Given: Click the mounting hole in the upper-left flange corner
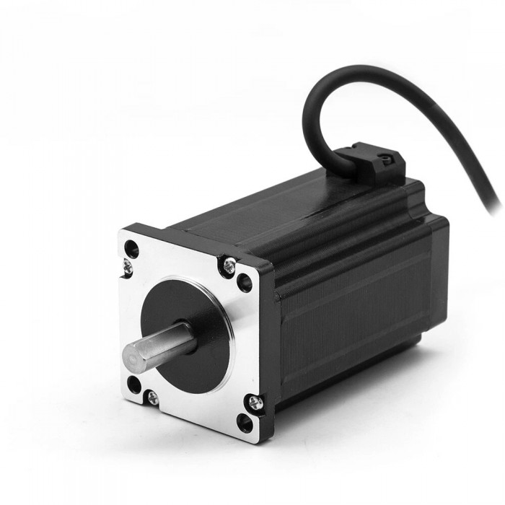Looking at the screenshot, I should click(x=131, y=250).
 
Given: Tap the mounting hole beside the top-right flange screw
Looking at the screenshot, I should click(x=245, y=282).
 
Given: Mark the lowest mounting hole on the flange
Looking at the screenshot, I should click(x=245, y=423).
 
